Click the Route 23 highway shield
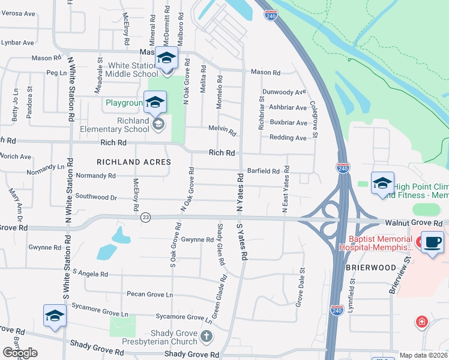tap(145, 218)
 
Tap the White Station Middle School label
tap(131, 70)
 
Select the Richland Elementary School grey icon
tap(158, 124)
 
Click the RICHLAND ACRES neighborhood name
tap(134, 162)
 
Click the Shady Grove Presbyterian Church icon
tap(206, 337)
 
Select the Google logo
tap(20, 353)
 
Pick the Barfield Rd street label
tap(264, 171)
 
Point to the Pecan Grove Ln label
tap(149, 295)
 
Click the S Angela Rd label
tap(90, 274)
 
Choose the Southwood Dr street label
tap(96, 196)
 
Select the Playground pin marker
tap(155, 102)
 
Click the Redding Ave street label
tap(288, 137)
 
